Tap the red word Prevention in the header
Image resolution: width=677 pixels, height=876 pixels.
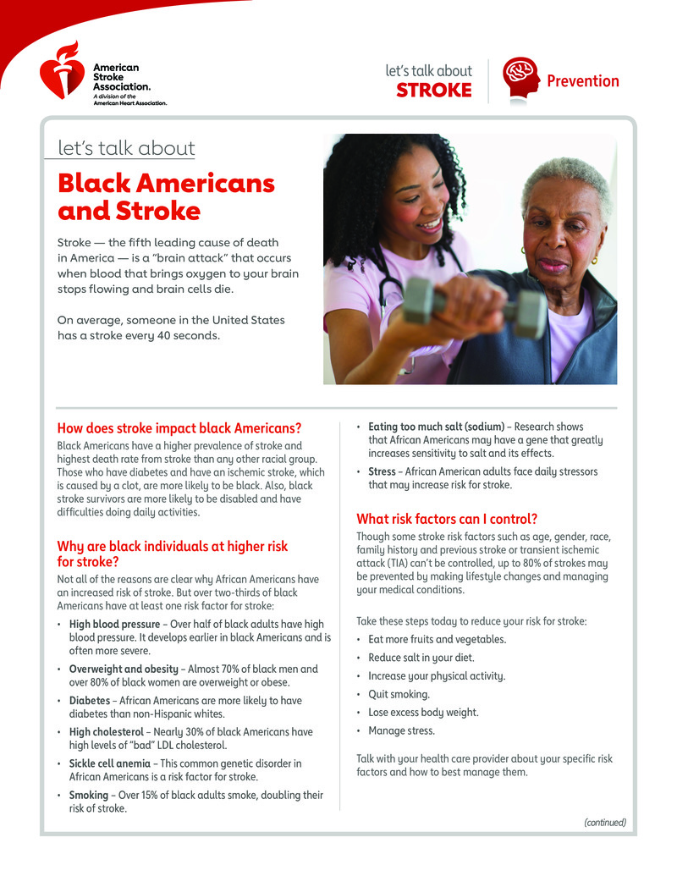pyautogui.click(x=582, y=81)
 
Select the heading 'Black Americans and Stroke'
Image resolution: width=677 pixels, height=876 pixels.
pyautogui.click(x=166, y=196)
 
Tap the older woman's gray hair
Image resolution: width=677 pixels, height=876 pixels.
pyautogui.click(x=567, y=178)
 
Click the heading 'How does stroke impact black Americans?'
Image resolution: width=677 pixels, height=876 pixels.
pyautogui.click(x=179, y=427)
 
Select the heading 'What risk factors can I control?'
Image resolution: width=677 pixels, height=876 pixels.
pyautogui.click(x=447, y=519)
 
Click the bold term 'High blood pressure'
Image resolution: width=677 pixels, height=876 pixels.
pyautogui.click(x=114, y=625)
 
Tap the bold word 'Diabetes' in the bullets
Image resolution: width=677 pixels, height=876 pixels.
pyautogui.click(x=90, y=701)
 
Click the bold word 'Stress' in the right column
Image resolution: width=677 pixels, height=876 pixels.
pyautogui.click(x=382, y=471)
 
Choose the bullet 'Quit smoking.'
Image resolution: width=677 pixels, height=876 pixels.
pyautogui.click(x=399, y=694)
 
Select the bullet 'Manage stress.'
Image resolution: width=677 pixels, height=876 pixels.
pyautogui.click(x=402, y=730)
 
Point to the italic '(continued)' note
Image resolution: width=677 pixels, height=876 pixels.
pyautogui.click(x=605, y=822)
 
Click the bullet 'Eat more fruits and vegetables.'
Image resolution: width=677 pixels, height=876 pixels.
pyautogui.click(x=438, y=639)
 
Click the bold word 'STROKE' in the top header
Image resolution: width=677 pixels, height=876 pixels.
pyautogui.click(x=434, y=91)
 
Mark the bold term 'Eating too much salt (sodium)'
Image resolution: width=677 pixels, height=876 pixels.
pyautogui.click(x=436, y=427)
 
